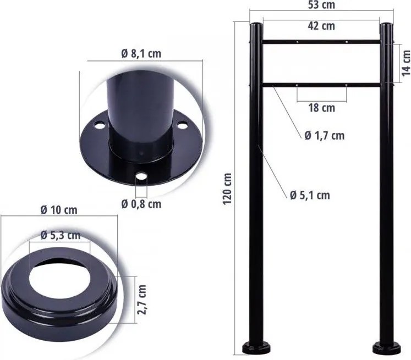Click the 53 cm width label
321,5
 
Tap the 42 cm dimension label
321,26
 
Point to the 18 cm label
322,108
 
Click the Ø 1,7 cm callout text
325,136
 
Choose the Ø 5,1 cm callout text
310,195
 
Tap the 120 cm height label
227,189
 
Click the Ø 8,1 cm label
141,54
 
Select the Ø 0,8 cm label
141,204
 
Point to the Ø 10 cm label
59,210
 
